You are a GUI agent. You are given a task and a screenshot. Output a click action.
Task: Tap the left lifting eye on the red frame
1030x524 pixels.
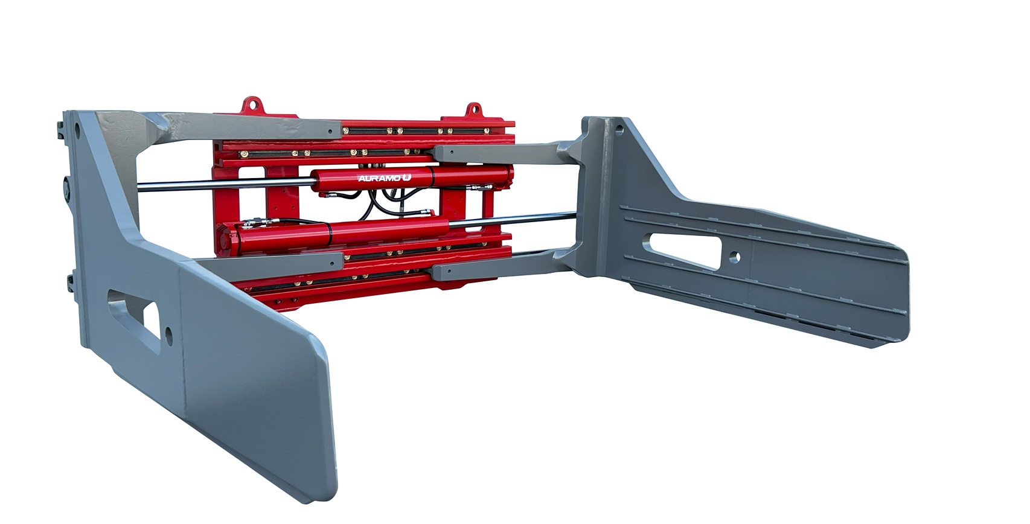252,105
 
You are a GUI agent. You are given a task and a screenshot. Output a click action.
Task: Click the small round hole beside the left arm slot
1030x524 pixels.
169,336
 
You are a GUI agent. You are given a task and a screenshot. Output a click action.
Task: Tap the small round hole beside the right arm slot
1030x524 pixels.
735,257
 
